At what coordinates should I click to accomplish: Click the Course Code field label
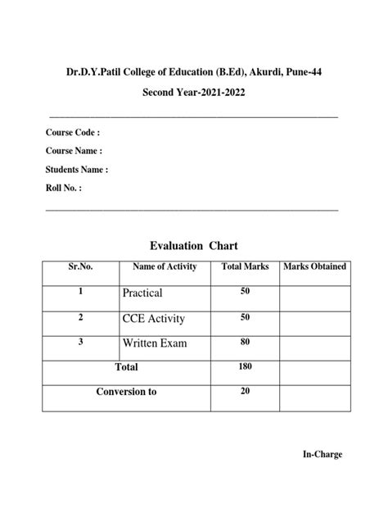click(73, 132)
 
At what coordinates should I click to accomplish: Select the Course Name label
click(74, 151)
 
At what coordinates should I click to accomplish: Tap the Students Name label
click(77, 170)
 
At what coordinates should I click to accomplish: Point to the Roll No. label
click(64, 189)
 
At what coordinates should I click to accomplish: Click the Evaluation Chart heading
click(194, 246)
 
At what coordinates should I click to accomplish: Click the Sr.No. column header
click(80, 267)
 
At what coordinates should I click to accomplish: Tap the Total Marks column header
click(245, 267)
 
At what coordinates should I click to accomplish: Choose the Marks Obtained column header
click(314, 267)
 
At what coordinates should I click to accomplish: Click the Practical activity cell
click(142, 293)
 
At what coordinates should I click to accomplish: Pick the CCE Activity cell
click(154, 318)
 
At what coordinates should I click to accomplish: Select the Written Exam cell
click(155, 343)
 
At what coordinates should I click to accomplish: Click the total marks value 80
click(245, 342)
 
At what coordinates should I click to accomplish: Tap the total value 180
click(245, 367)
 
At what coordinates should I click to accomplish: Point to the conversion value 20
click(245, 392)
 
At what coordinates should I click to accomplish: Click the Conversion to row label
click(126, 392)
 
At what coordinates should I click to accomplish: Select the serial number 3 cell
click(80, 342)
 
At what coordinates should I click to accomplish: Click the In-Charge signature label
click(323, 455)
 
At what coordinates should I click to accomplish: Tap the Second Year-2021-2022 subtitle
click(194, 93)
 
